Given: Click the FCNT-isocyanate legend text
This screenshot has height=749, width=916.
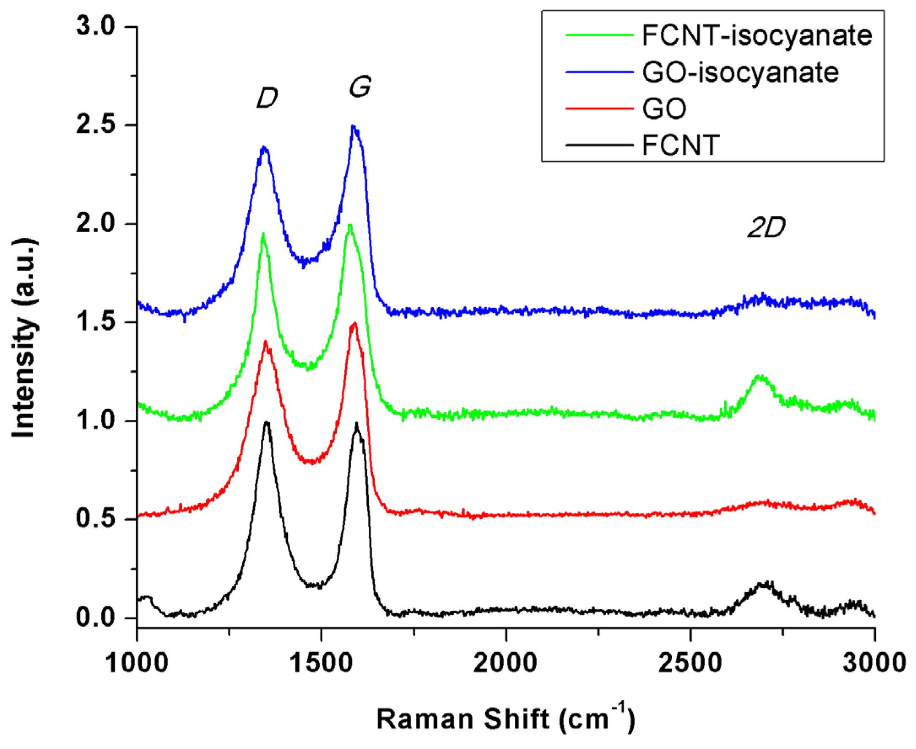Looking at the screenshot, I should pos(757,35).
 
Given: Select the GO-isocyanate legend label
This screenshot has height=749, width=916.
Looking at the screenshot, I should pos(740,72).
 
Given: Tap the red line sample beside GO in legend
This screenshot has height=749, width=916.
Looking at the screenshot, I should pos(599,108).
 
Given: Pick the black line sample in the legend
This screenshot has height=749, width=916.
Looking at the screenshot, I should pos(599,145).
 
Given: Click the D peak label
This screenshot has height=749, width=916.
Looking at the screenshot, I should pos(267,98).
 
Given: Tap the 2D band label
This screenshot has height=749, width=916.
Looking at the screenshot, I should pos(766,228).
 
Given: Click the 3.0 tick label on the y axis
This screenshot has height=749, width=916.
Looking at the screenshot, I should pos(95,26).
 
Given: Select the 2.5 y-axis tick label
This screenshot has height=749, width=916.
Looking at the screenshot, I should pos(95,125).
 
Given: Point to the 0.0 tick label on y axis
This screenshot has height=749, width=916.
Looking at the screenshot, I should pos(95,618).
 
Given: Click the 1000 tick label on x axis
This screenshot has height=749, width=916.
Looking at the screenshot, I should pos(136,662).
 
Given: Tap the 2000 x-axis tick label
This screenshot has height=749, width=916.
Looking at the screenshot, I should pos(505,662).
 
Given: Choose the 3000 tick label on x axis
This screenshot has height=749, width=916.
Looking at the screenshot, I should pos(874,662).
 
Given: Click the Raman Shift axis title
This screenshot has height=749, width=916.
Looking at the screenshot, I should pos(506,719).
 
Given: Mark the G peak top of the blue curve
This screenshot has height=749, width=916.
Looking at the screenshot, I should pos(353,126).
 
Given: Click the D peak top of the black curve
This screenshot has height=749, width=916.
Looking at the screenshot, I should pos(267,422).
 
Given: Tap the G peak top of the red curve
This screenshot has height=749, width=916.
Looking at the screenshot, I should pos(354,323).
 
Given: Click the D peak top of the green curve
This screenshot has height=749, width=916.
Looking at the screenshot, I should pos(262,234).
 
